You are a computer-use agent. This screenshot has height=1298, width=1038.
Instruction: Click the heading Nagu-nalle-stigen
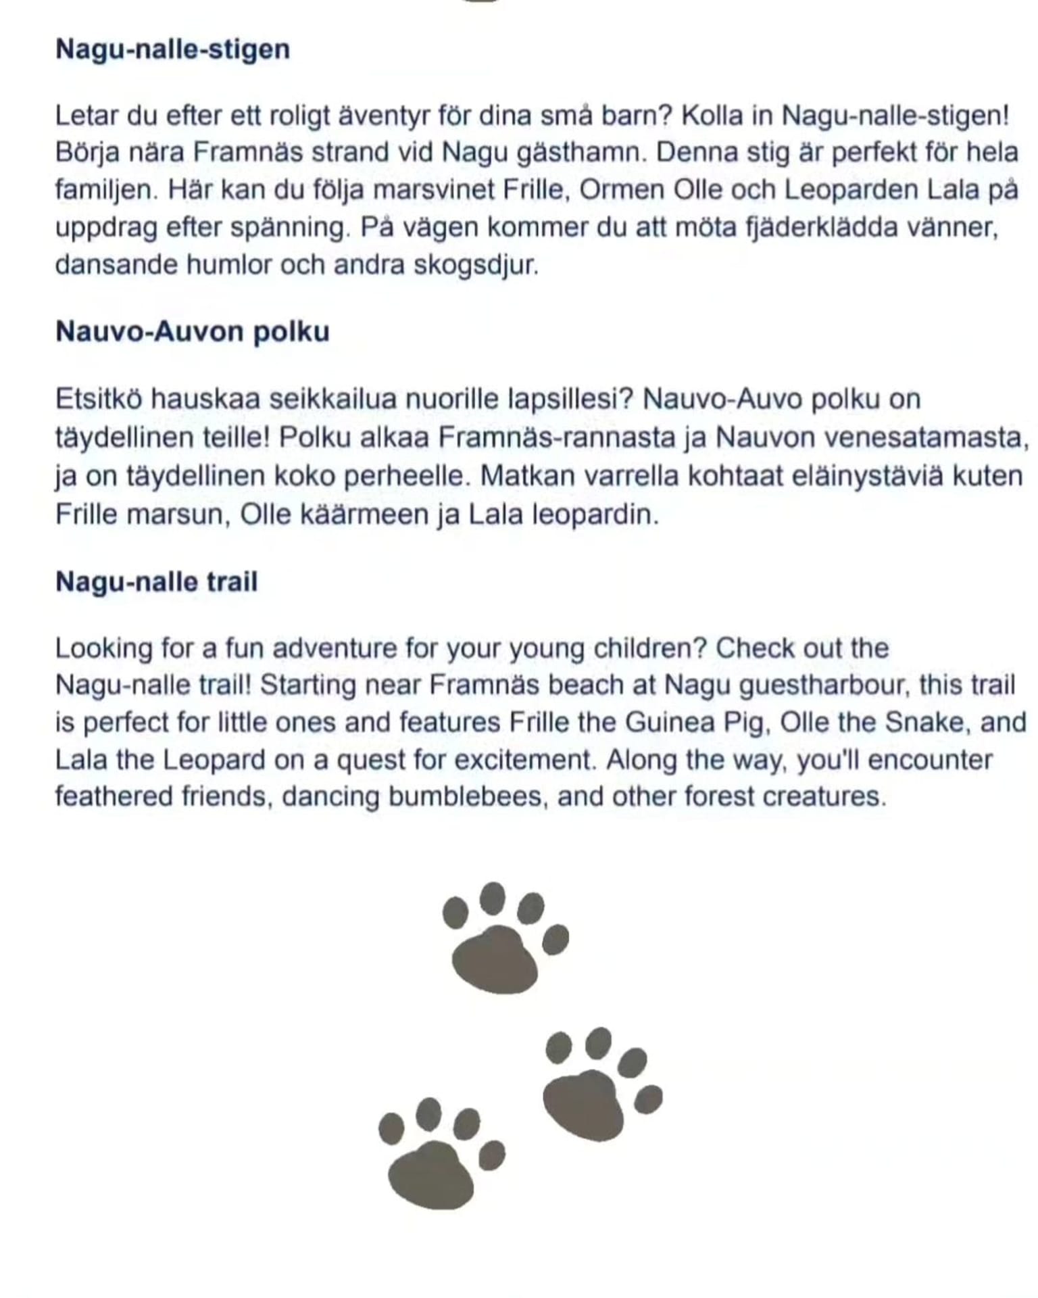(172, 49)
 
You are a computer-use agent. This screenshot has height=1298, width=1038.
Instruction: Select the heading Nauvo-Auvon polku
(193, 332)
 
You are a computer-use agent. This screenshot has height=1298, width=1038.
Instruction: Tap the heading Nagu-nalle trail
(156, 582)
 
